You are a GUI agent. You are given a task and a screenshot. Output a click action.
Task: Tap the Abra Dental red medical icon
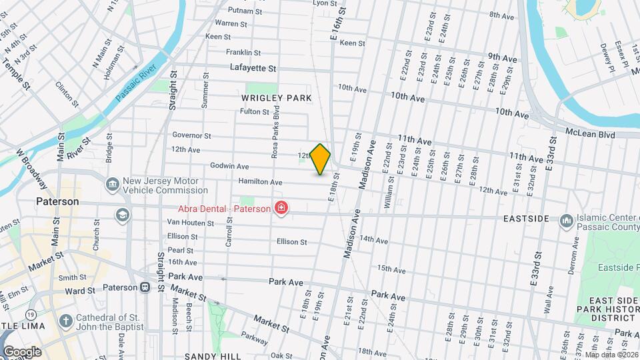tap(281, 209)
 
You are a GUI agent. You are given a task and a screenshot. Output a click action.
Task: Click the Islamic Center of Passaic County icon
tap(566, 220)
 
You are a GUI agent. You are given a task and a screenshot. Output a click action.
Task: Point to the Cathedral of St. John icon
tap(65, 321)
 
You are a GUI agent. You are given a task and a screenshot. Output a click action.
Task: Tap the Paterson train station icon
tap(144, 287)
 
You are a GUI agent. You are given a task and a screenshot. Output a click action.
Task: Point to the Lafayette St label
tap(253, 68)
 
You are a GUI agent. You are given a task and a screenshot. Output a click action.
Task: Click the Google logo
tap(21, 351)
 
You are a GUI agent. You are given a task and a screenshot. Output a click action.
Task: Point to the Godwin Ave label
tap(229, 166)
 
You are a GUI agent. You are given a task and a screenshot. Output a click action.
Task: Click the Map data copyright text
tap(611, 354)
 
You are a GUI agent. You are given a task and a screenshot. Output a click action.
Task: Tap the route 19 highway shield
tap(31, 313)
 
